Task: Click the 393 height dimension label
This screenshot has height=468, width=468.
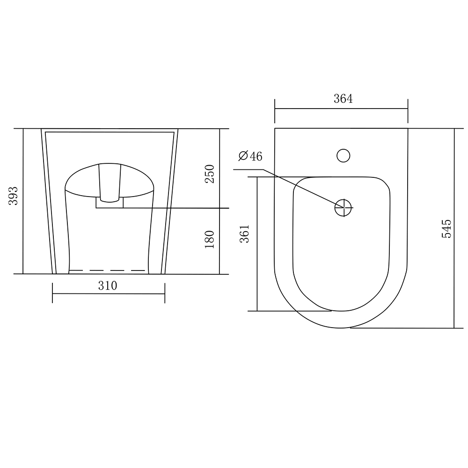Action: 14,196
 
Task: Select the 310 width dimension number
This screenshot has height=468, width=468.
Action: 108,285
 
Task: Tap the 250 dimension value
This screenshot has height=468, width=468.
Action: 210,174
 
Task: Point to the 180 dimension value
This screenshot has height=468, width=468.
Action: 210,239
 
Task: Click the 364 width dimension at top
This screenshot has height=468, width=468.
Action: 343,98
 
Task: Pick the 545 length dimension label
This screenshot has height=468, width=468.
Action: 447,229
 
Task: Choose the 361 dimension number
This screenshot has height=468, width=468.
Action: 245,234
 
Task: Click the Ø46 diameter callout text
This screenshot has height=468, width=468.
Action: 250,156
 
